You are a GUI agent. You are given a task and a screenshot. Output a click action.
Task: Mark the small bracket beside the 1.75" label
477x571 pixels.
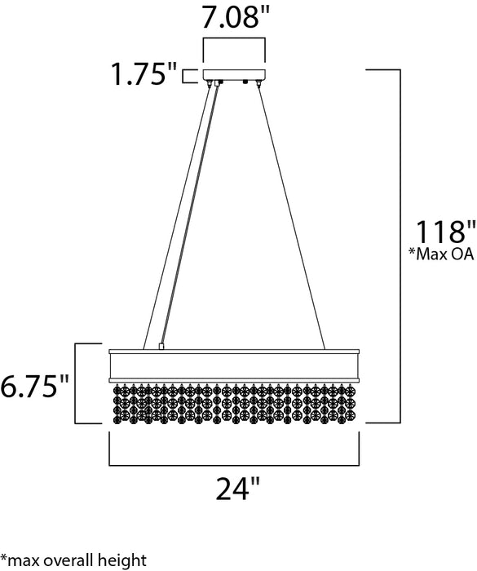(189, 77)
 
